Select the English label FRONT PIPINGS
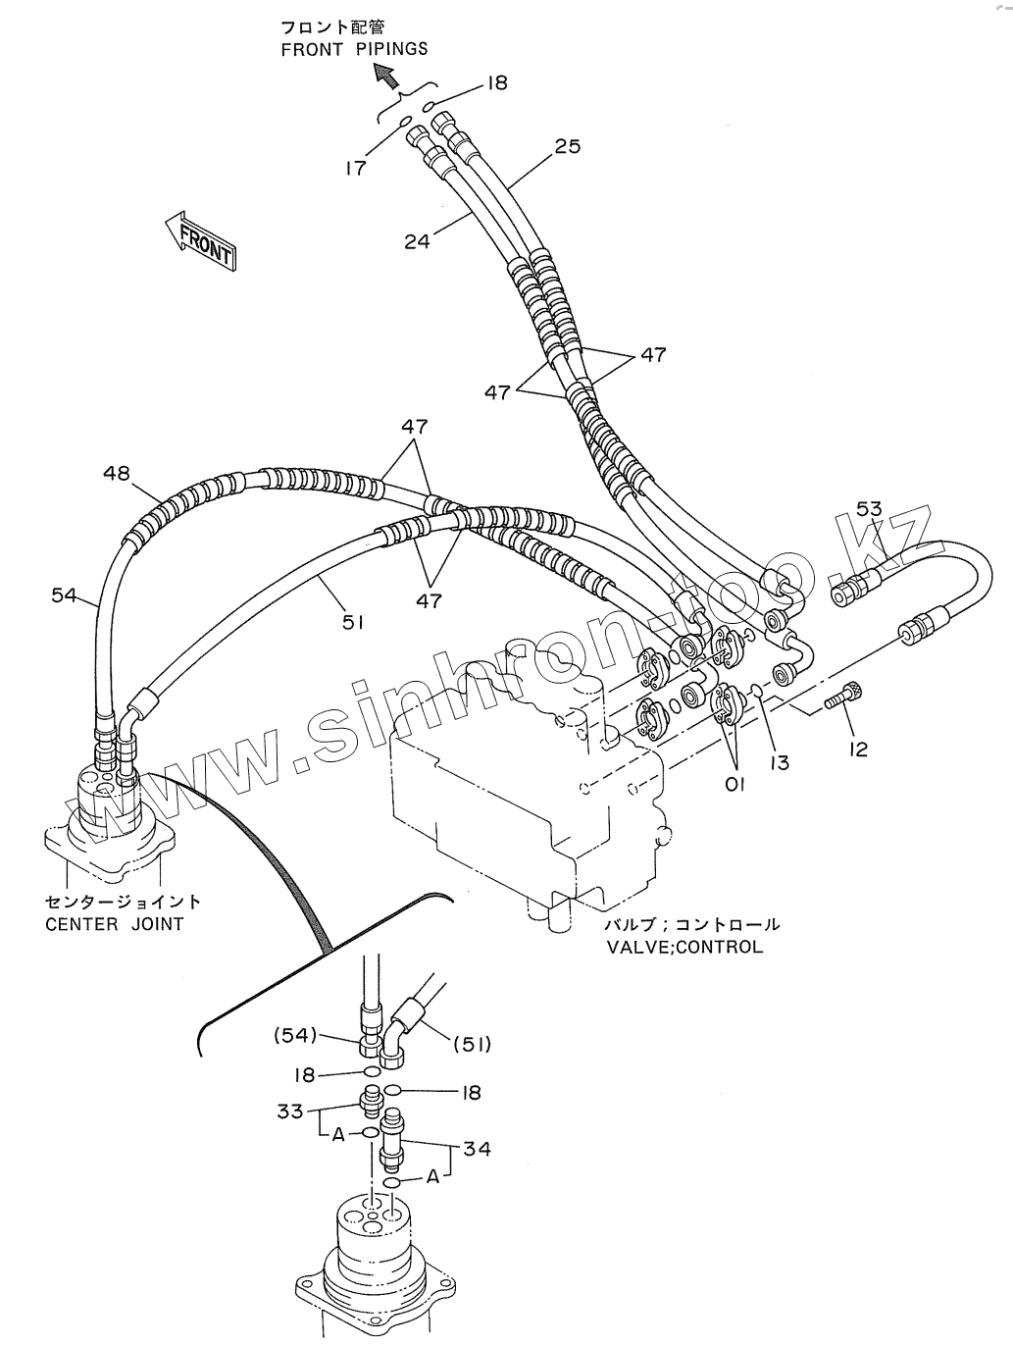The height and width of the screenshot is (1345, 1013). tap(354, 50)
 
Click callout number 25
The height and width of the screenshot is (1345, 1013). tap(567, 146)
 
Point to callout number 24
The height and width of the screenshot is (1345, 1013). tap(417, 241)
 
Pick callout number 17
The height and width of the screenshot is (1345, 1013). tap(355, 168)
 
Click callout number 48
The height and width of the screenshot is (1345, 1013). tap(117, 473)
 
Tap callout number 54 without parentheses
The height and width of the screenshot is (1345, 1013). tap(64, 595)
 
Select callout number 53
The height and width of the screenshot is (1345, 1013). tap(869, 508)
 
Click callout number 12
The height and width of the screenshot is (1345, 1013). tap(859, 749)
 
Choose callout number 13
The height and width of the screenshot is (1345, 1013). tap(780, 763)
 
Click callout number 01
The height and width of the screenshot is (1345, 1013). tap(734, 784)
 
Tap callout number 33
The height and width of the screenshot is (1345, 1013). tap(290, 1111)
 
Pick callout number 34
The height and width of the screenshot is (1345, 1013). tap(477, 1148)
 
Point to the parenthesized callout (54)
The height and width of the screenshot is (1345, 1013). tap(295, 1036)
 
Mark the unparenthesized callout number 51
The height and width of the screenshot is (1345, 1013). tap(353, 623)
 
